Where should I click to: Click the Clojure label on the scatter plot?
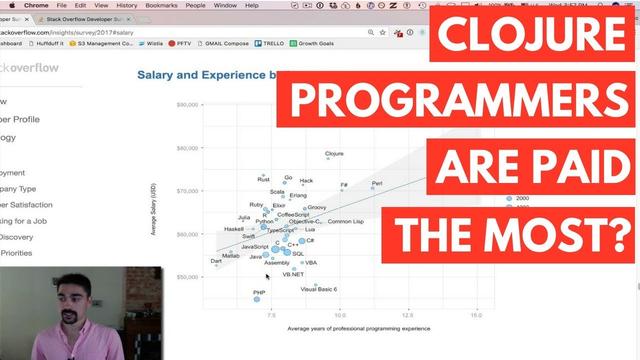pos(335,155)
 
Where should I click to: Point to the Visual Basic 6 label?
pos(319,289)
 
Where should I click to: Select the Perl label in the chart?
pos(377,184)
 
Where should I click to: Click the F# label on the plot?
pos(343,186)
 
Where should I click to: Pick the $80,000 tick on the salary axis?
pos(188,104)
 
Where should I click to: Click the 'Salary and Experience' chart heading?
pos(205,75)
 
